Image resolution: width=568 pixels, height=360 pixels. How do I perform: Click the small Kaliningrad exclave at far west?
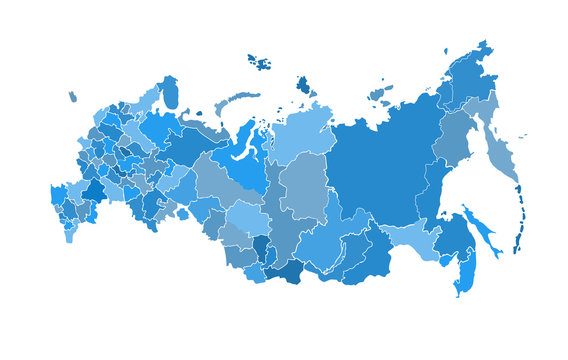coord(72,97)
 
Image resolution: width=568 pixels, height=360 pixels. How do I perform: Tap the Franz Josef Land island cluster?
coord(260,63)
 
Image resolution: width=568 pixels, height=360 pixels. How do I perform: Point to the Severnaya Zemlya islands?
coord(303,85)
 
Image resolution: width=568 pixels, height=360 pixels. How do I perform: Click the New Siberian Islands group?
coord(380,94)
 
